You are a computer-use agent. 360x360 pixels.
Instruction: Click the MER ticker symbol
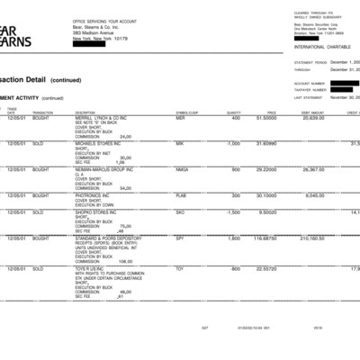[x=180, y=118]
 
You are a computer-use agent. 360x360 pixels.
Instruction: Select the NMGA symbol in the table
[x=183, y=168]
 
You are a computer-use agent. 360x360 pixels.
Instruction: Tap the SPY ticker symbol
[x=180, y=238]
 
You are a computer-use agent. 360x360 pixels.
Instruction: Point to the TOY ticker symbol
[x=180, y=268]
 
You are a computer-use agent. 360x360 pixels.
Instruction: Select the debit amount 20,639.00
[x=312, y=118]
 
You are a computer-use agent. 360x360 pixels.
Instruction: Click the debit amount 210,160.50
[x=310, y=238]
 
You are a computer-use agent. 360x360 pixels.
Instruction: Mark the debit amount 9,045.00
[x=314, y=194]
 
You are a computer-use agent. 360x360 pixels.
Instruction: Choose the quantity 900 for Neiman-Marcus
[x=236, y=168]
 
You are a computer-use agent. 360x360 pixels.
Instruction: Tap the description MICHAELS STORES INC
[x=100, y=143]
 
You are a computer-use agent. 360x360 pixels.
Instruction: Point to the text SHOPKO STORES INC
[x=99, y=212]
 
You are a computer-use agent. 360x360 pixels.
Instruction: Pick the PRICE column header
[x=271, y=112]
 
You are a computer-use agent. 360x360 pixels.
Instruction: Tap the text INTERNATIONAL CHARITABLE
[x=321, y=45]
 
